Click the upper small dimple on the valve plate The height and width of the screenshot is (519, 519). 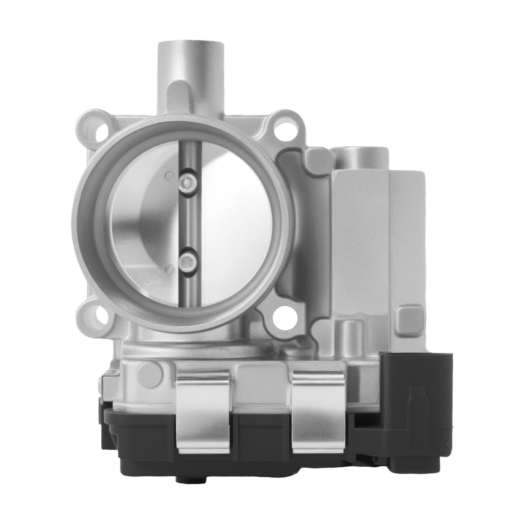pyautogui.click(x=170, y=175)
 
